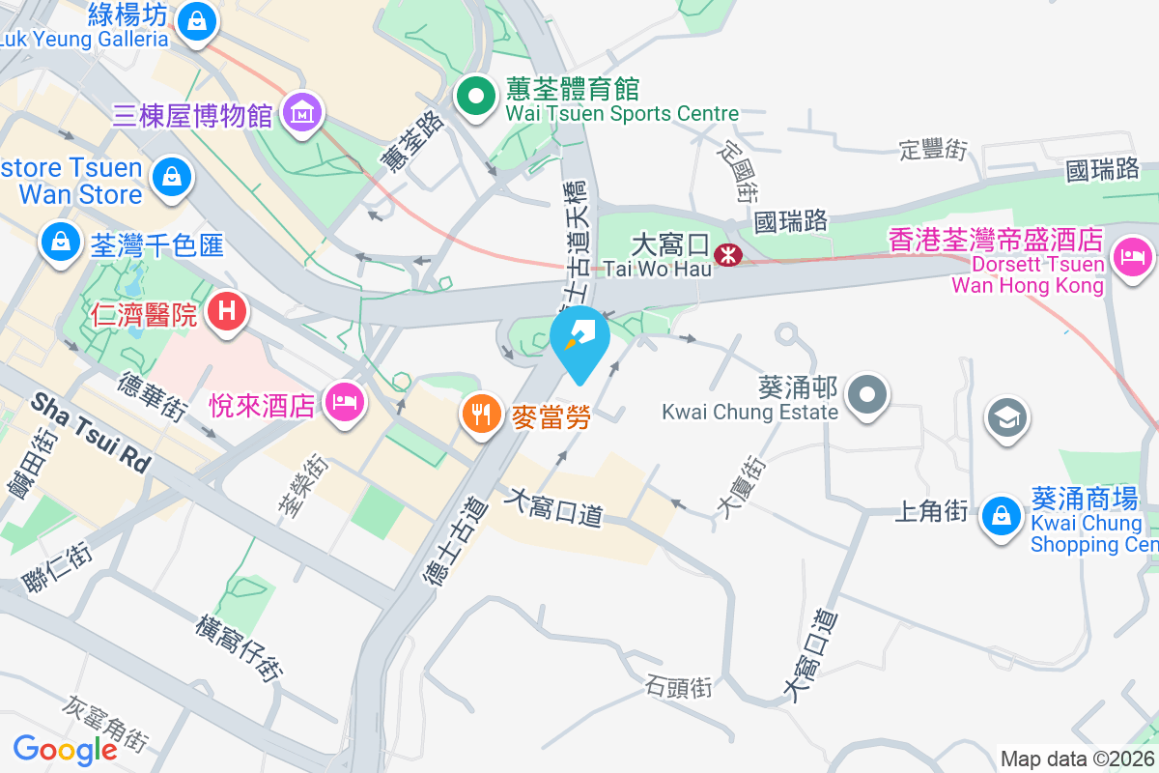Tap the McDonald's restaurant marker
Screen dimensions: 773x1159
pyautogui.click(x=480, y=414)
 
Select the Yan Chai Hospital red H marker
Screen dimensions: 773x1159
pyautogui.click(x=227, y=311)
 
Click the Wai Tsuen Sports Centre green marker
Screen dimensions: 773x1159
pyautogui.click(x=476, y=96)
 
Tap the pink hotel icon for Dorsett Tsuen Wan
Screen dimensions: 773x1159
pyautogui.click(x=1131, y=256)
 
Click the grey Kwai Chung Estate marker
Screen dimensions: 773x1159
pyautogui.click(x=867, y=394)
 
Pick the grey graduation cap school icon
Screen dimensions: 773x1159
pyautogui.click(x=1005, y=418)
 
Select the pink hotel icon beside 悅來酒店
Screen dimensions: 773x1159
pyautogui.click(x=344, y=402)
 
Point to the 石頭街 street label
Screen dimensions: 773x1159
pyautogui.click(x=680, y=687)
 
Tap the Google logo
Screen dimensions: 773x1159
pyautogui.click(x=66, y=749)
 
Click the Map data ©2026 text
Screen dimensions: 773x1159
pyautogui.click(x=1078, y=759)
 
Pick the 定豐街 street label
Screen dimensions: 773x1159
pyautogui.click(x=933, y=150)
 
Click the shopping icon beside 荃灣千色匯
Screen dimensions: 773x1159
pyautogui.click(x=61, y=241)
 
